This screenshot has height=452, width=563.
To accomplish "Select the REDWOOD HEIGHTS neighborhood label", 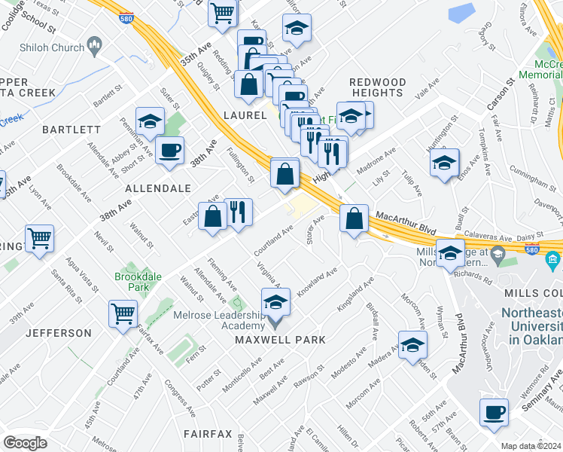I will click(377, 87).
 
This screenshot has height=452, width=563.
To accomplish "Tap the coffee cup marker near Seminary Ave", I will click(495, 413).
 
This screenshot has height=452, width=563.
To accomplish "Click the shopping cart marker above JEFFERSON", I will click(123, 313).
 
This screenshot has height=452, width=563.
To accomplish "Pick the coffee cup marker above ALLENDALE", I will click(169, 150).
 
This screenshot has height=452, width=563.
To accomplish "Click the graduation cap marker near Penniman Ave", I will click(150, 121).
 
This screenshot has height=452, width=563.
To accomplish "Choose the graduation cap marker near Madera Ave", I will click(412, 345).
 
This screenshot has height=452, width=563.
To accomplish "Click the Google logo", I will click(25, 442).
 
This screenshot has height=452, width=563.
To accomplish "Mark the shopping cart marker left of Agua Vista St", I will click(39, 239).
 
